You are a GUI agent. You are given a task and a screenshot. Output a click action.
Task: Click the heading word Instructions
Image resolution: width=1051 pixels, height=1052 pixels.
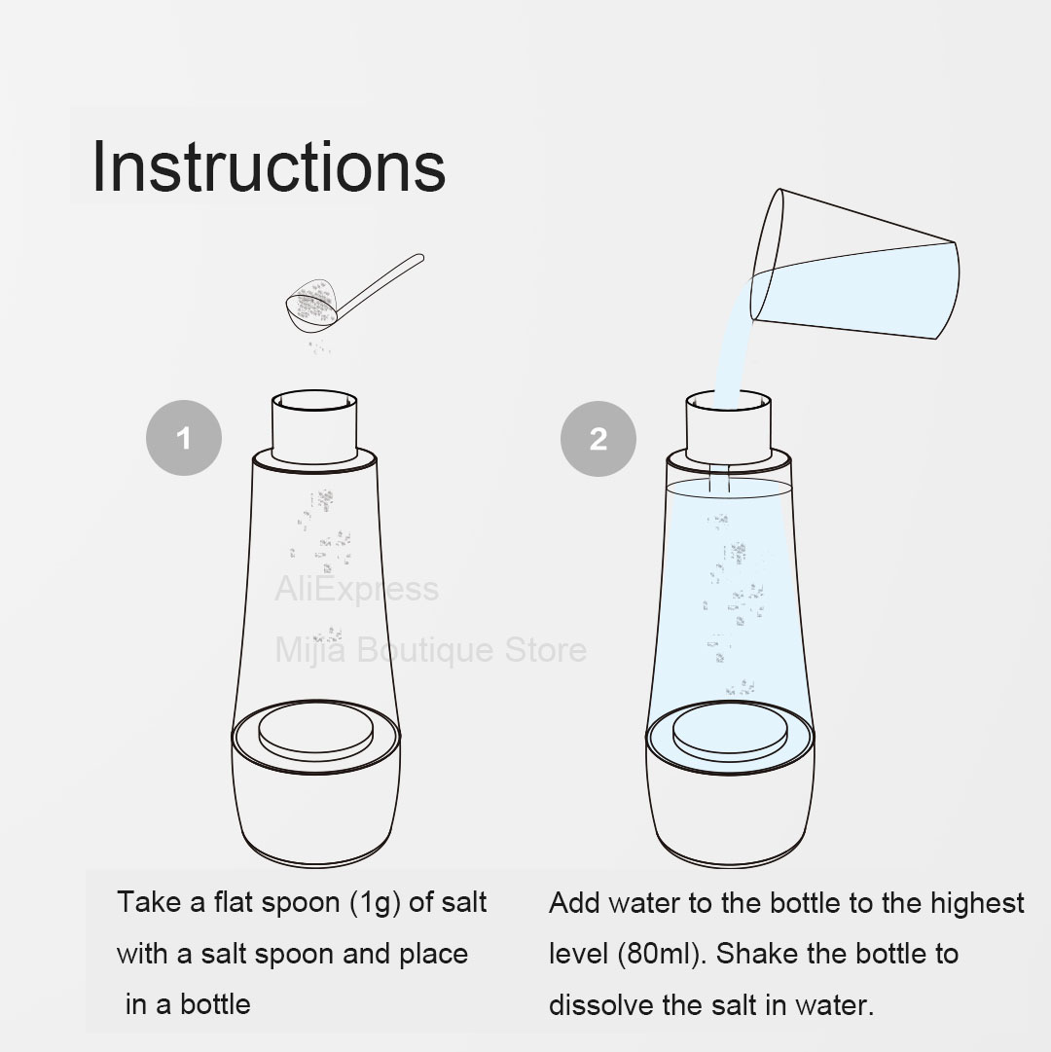269,166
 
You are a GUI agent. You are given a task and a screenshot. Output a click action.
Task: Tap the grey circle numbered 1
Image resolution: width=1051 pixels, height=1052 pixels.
184,438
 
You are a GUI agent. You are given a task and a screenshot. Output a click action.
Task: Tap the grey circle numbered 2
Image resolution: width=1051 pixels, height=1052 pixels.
598,439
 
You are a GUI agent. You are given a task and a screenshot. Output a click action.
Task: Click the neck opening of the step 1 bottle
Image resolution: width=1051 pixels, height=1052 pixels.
314,400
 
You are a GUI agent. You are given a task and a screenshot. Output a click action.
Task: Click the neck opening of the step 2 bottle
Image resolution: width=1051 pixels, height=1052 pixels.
728,401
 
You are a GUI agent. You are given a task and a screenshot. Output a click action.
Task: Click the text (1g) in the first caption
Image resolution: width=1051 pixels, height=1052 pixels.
376,903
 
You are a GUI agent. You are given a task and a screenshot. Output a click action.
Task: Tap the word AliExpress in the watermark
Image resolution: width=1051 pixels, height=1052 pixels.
357,589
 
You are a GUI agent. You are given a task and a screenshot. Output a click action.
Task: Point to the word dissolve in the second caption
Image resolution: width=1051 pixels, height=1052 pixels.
600,1005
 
